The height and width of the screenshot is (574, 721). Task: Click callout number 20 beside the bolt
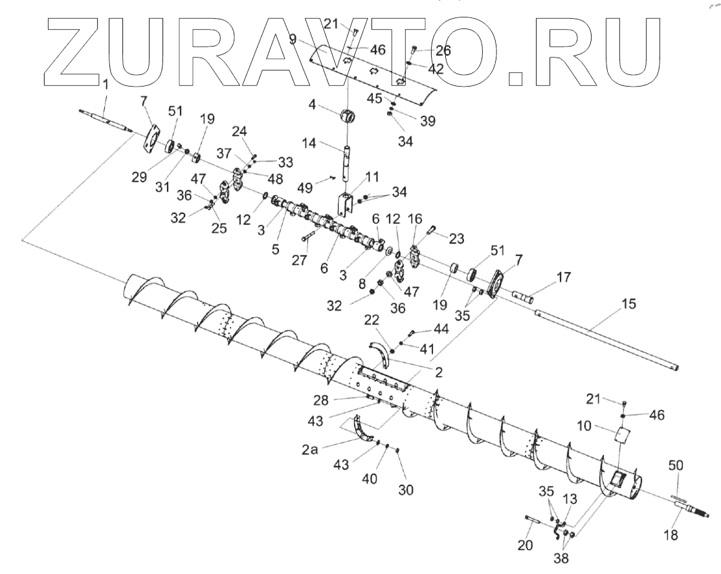point(525,546)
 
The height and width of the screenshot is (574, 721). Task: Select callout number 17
point(564,277)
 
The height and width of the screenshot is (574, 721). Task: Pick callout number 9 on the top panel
point(293,39)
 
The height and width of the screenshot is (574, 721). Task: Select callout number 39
point(427,122)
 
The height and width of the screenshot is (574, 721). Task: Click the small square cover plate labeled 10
point(621,435)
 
